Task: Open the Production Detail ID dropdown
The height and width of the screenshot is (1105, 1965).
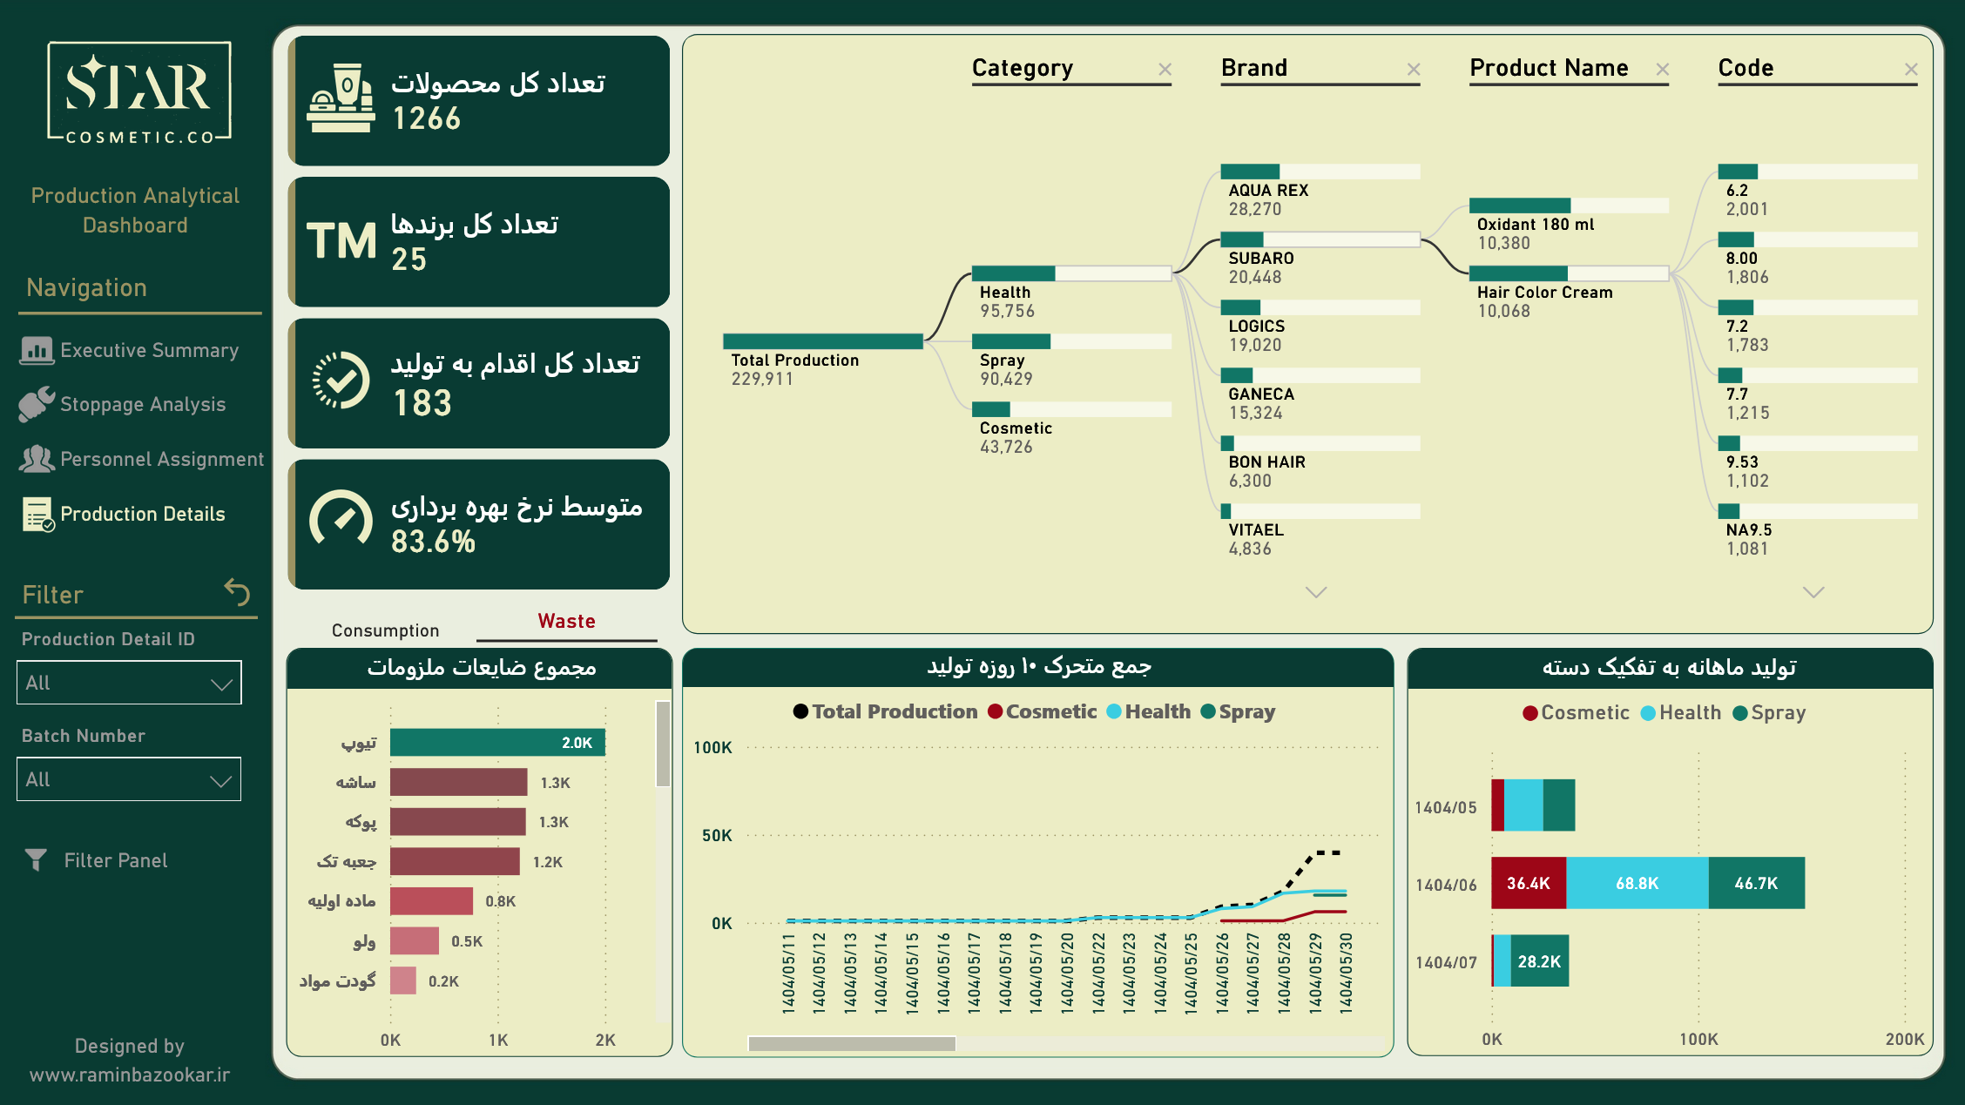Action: click(x=129, y=683)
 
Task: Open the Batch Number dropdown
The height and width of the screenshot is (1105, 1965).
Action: click(x=129, y=779)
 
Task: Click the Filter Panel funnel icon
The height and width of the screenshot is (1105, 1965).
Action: click(x=36, y=860)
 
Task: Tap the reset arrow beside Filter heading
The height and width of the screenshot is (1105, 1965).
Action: click(x=237, y=591)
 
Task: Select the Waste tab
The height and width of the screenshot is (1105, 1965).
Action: click(x=566, y=621)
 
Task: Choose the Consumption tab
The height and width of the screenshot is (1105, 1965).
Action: click(x=385, y=630)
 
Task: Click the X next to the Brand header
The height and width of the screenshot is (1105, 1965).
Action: click(x=1414, y=70)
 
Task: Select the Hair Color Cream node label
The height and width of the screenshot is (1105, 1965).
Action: click(x=1544, y=293)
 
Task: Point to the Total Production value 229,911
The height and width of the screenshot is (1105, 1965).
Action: click(x=762, y=379)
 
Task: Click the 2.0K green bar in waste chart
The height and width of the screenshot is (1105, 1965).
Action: click(x=497, y=743)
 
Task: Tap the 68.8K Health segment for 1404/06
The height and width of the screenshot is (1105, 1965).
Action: click(x=1637, y=883)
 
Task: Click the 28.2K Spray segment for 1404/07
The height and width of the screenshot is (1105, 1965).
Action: click(x=1539, y=961)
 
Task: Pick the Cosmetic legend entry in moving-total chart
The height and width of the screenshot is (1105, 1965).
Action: click(x=1043, y=711)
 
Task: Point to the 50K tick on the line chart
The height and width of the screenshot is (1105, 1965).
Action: click(x=717, y=835)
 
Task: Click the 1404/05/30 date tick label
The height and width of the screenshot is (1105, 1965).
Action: click(x=1347, y=973)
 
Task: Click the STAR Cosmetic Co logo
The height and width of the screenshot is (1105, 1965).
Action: click(x=139, y=91)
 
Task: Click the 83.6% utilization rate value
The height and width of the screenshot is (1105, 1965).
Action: click(x=433, y=542)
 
